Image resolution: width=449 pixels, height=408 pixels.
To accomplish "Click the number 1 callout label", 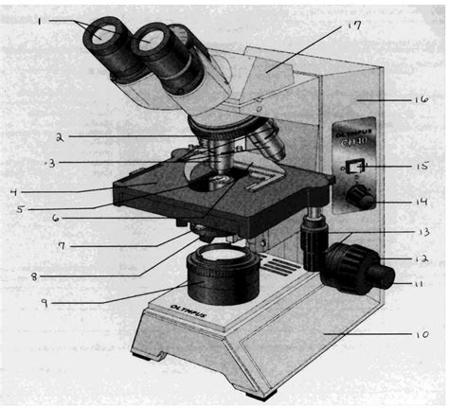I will (41, 19).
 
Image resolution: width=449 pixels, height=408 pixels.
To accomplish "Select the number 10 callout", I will (422, 333).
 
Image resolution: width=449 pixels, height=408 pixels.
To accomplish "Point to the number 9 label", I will (44, 303).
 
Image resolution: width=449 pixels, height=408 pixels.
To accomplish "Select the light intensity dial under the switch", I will (358, 197).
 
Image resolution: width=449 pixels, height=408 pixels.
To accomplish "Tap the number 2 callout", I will (59, 137).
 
